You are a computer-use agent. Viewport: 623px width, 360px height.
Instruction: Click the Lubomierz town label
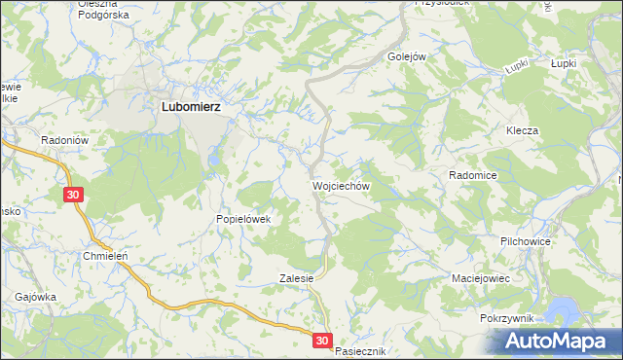(x=189, y=109)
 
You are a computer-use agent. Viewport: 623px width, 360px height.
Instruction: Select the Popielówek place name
(x=248, y=220)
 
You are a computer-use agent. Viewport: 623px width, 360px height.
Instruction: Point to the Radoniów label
(x=65, y=140)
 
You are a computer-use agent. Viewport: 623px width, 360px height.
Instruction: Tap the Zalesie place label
(x=296, y=277)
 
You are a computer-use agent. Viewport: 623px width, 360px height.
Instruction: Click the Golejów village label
(x=408, y=56)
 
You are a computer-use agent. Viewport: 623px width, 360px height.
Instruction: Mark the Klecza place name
(x=522, y=130)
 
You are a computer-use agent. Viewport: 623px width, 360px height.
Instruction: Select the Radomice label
(x=473, y=175)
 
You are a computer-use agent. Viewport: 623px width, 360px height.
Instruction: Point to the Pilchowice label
(x=526, y=239)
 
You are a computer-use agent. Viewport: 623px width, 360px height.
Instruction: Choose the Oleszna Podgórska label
(x=104, y=10)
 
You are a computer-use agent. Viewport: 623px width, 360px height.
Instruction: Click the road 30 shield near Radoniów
(x=75, y=196)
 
